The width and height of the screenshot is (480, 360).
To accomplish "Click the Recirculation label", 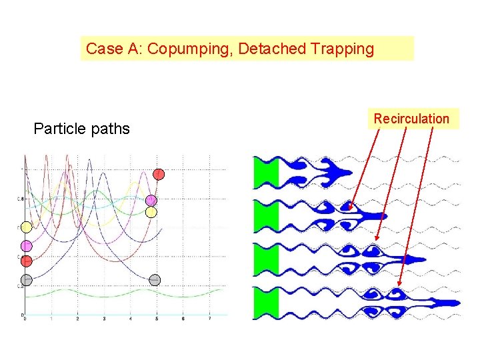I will click(411, 119).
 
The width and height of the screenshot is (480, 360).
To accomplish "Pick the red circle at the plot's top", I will click(159, 174).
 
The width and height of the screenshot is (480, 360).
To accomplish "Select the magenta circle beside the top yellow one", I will click(151, 200).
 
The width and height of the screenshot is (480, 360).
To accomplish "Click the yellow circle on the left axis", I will click(26, 228).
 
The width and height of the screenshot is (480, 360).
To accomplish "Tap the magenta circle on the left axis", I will click(26, 246).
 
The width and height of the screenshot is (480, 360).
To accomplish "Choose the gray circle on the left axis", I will click(26, 279).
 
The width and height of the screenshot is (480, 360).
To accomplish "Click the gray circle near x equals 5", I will click(155, 279).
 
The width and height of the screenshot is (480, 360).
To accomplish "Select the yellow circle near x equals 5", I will click(151, 211).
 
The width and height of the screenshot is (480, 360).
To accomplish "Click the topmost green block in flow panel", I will click(265, 172).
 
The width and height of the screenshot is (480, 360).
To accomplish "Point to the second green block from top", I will click(265, 215).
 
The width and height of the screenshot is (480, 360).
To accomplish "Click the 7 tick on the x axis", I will click(210, 319).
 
